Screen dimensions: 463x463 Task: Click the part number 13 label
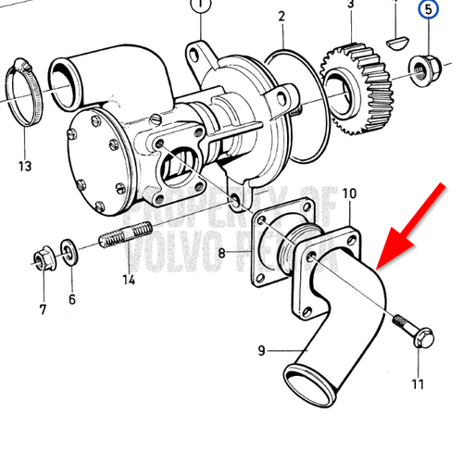(24, 166)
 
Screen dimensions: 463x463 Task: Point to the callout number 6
(71, 299)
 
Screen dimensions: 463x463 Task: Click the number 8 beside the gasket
(222, 252)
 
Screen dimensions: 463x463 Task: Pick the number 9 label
(261, 350)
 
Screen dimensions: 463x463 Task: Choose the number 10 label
(349, 194)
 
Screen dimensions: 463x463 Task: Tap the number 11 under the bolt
(417, 383)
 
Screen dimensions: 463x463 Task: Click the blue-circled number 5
(428, 11)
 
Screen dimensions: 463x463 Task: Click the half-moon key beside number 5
(395, 39)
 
